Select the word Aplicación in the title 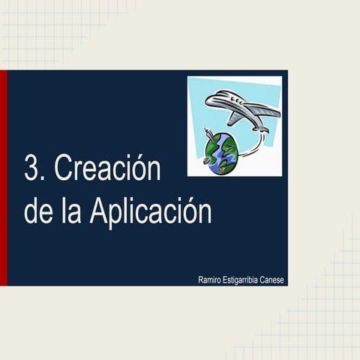(150, 212)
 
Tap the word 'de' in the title (38, 212)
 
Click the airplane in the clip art (243, 111)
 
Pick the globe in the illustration (223, 154)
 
